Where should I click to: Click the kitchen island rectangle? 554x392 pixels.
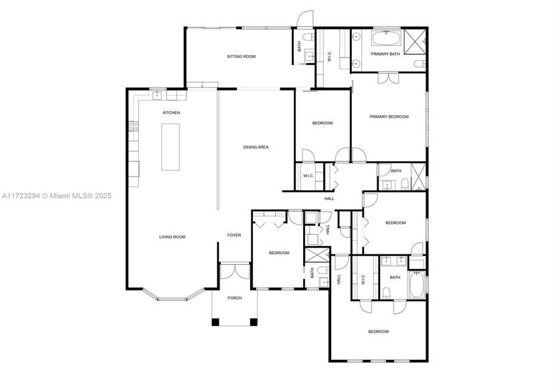tap(171, 146)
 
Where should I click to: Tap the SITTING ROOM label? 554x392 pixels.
tap(241, 56)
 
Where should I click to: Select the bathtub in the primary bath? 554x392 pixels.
tap(387, 38)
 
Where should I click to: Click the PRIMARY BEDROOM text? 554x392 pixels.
tap(389, 116)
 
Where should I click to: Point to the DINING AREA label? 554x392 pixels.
tap(256, 147)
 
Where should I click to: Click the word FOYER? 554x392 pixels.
tap(234, 235)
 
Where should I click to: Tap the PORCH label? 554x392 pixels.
tap(235, 298)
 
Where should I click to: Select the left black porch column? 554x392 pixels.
tap(215, 322)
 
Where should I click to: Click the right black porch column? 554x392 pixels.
tap(254, 322)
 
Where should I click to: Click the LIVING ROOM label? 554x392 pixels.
tap(173, 237)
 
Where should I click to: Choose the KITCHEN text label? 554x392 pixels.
tap(171, 112)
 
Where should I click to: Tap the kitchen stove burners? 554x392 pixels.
tap(134, 126)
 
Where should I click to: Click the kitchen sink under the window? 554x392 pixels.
tap(157, 95)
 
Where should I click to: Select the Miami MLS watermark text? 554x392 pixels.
tap(56, 195)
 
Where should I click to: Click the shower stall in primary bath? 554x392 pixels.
tap(415, 41)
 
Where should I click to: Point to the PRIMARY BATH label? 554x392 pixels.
tap(385, 54)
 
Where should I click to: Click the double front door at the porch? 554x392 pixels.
tap(235, 271)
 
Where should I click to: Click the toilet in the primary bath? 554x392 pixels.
tap(420, 64)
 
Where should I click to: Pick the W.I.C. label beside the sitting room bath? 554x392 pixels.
tap(329, 56)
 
